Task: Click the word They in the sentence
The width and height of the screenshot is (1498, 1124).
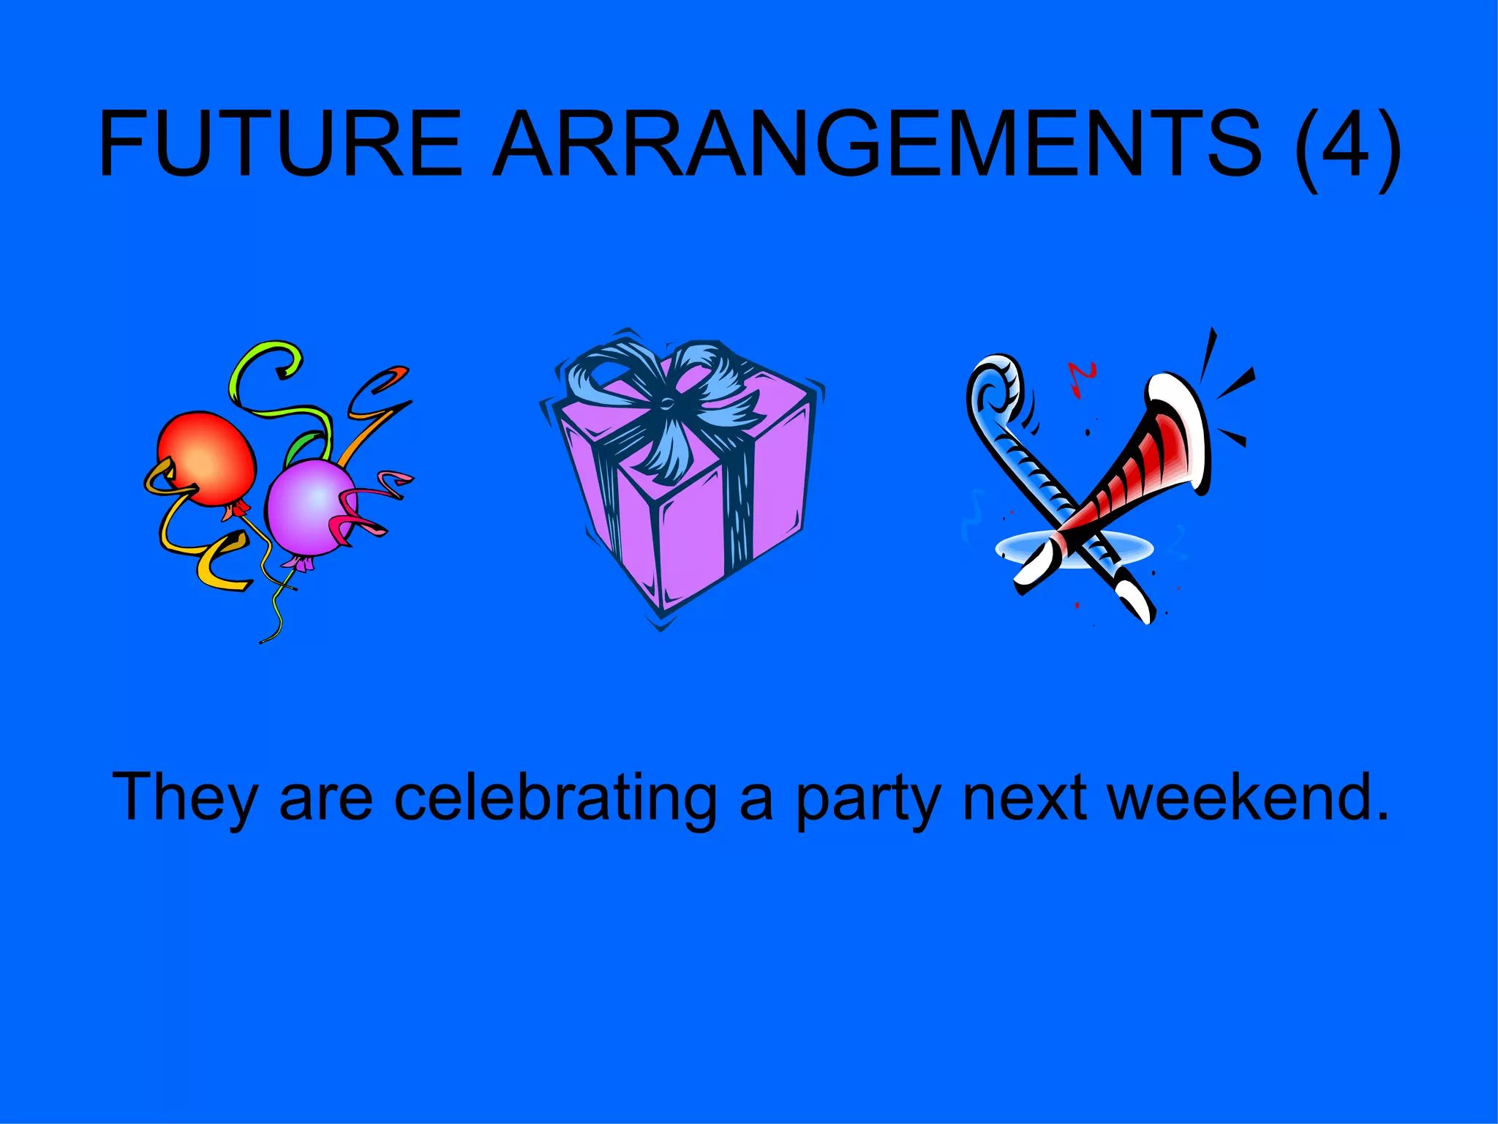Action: [184, 798]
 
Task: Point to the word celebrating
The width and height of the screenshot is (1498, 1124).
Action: [556, 798]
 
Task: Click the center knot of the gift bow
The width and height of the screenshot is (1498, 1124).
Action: [668, 402]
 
